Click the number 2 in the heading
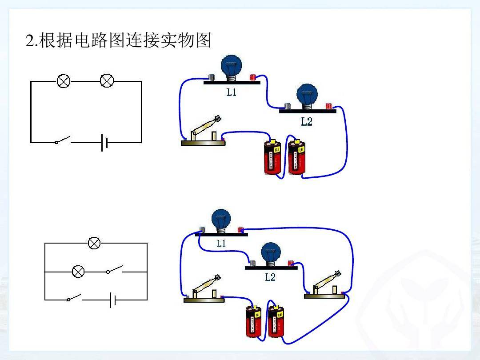(x=30, y=41)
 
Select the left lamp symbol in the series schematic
(x=64, y=81)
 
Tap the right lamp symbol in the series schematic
(x=107, y=81)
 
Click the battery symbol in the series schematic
(x=104, y=143)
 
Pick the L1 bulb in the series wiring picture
(x=231, y=67)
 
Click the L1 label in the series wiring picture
(x=231, y=92)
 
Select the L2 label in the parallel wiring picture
(x=270, y=277)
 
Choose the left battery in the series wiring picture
(x=272, y=157)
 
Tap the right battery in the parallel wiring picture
(x=276, y=321)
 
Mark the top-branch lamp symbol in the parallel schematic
(x=94, y=243)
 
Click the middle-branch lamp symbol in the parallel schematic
(x=78, y=271)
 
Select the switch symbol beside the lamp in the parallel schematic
(x=115, y=270)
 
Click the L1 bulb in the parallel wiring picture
(x=221, y=219)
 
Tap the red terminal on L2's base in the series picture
(x=329, y=106)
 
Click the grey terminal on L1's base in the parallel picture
(x=202, y=230)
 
